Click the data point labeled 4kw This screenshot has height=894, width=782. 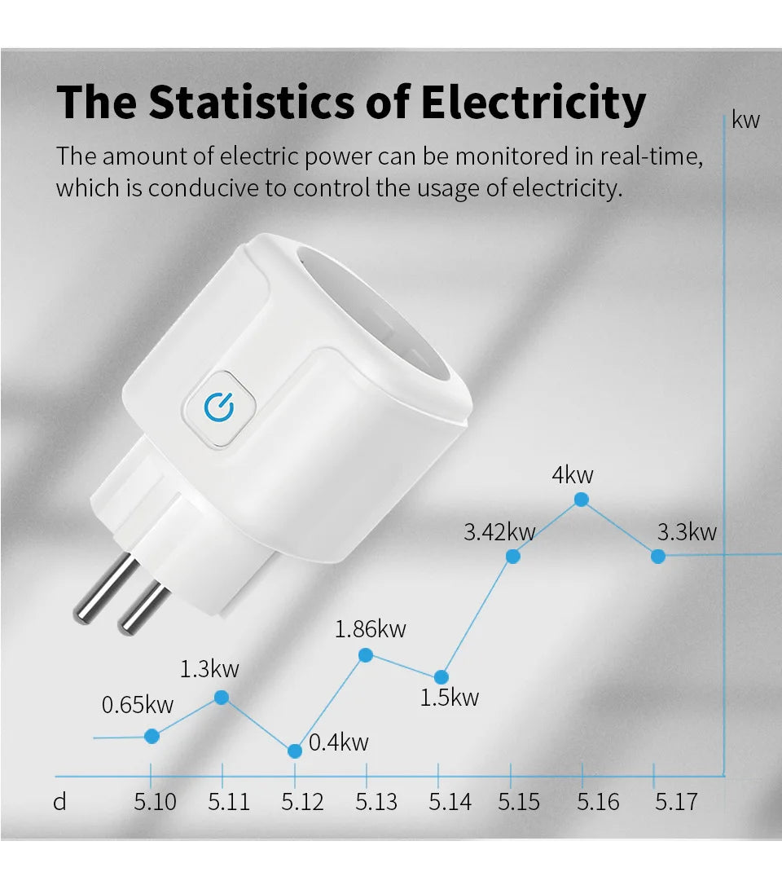coord(582,500)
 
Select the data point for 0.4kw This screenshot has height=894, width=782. coord(296,751)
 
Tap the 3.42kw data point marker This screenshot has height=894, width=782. coord(513,556)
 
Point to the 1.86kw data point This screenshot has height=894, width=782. coord(366,654)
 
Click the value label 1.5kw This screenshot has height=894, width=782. coord(449,698)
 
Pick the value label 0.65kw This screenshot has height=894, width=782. coord(138,705)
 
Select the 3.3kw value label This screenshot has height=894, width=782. coord(687,532)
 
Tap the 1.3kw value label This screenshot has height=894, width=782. coord(209,669)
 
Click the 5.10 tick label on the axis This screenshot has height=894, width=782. coord(155,802)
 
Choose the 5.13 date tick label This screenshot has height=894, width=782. coord(376,802)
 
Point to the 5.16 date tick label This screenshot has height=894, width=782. coord(598,802)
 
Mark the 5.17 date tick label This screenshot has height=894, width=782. coord(676,802)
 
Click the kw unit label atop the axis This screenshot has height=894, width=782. coord(745,121)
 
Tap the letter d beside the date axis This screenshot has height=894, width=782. coord(59,802)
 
